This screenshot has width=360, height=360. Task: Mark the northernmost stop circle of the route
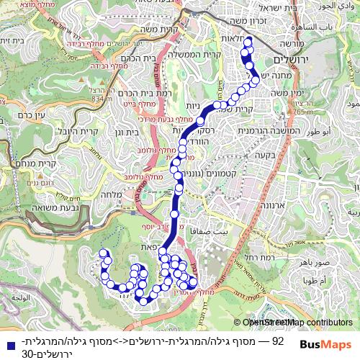click(x=248, y=42)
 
